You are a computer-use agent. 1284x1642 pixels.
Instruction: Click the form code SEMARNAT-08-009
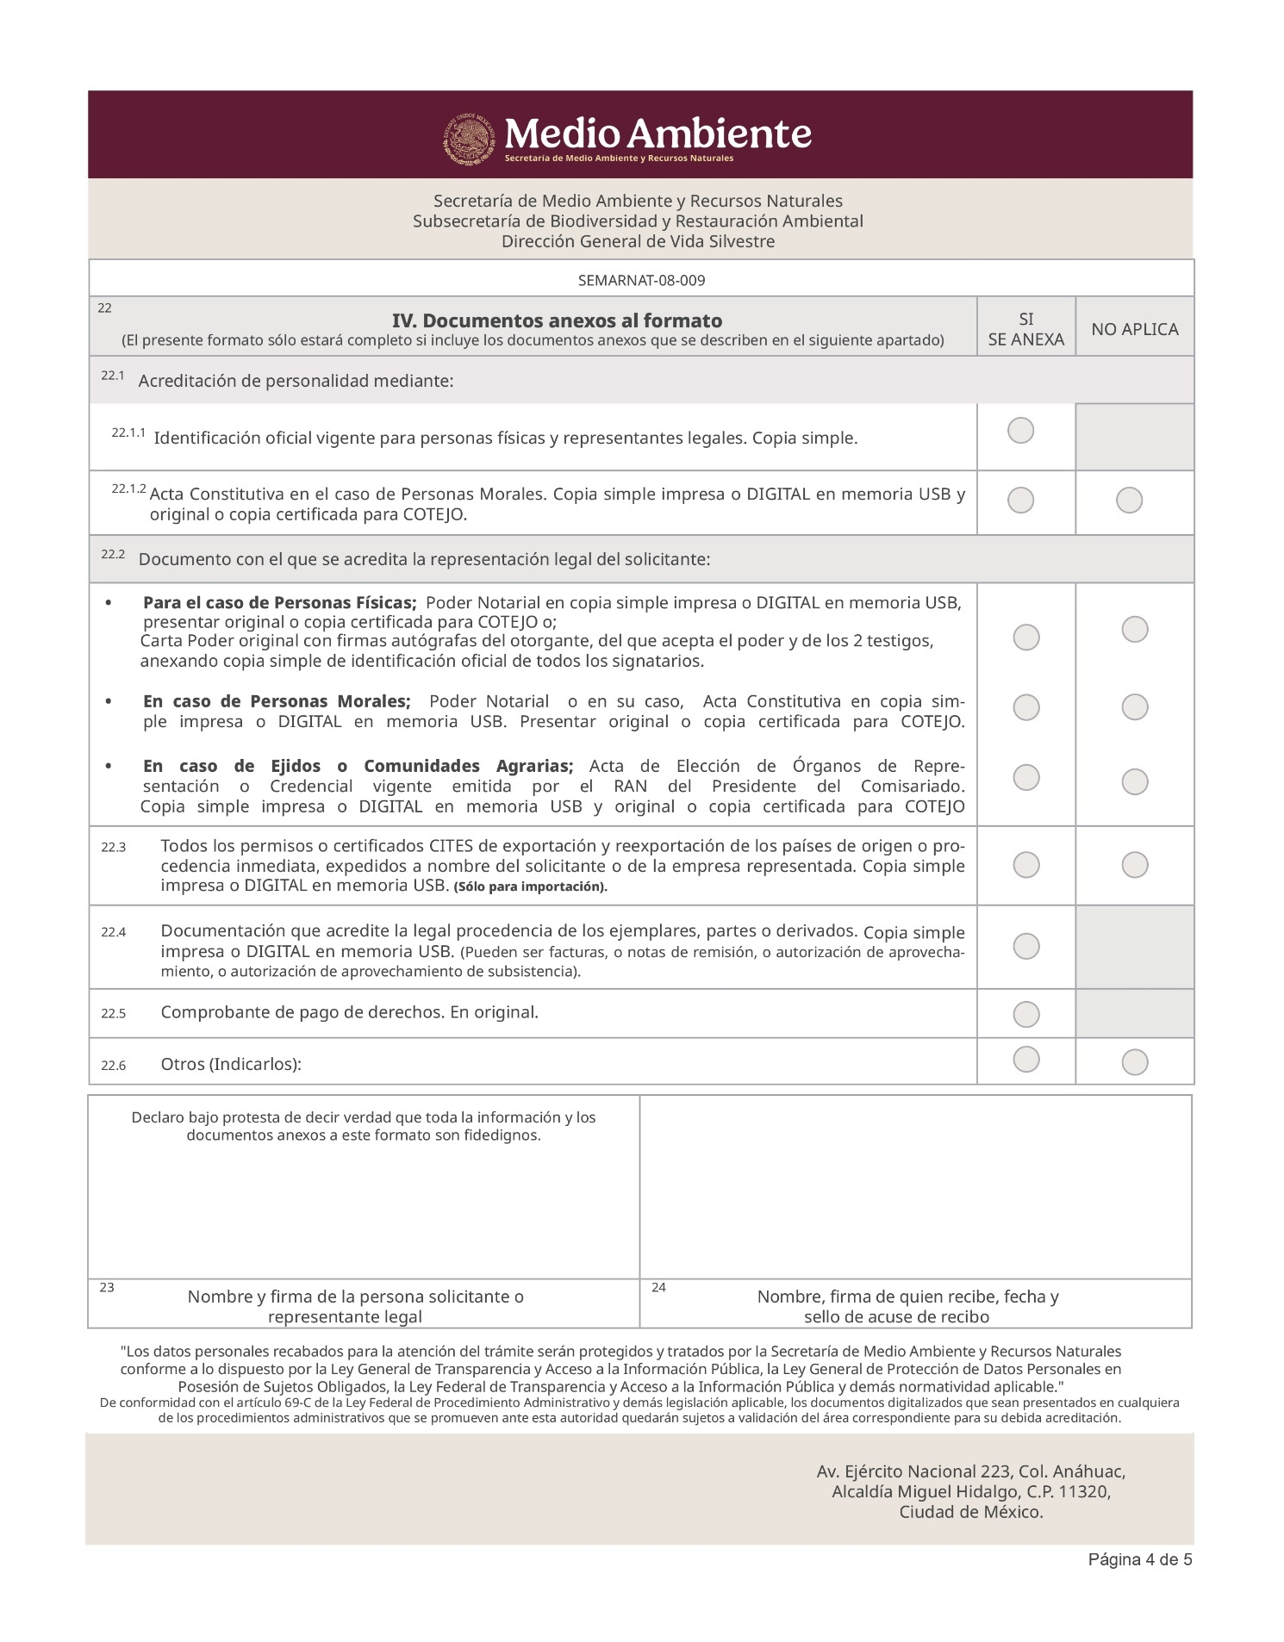[x=641, y=280]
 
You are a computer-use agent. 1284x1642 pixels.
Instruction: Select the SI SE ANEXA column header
[x=1025, y=329]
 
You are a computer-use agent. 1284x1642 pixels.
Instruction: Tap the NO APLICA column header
[x=1134, y=329]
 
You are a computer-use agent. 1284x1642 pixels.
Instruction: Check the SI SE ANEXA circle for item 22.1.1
[x=1020, y=430]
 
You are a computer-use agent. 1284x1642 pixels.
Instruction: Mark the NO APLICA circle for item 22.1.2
[x=1129, y=501]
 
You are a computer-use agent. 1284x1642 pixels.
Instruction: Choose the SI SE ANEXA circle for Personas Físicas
[x=1025, y=638]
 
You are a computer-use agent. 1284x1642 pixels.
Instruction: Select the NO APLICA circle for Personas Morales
[x=1134, y=707]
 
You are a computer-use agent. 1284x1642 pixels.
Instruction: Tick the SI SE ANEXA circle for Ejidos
[x=1025, y=777]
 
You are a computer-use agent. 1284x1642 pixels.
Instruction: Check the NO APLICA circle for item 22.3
[x=1134, y=865]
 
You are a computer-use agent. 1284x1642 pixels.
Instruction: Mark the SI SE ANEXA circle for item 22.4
[x=1025, y=946]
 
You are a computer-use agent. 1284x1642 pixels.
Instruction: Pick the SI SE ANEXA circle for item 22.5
[x=1025, y=1015]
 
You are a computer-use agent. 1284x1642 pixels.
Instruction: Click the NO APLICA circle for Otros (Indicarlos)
[x=1134, y=1062]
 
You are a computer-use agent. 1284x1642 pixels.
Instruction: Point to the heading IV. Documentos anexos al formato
[x=557, y=320]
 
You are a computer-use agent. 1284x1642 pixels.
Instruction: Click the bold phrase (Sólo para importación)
[x=530, y=887]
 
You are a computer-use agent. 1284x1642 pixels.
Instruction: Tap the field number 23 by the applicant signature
[x=107, y=1288]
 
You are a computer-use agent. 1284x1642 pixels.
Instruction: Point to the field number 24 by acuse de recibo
[x=658, y=1288]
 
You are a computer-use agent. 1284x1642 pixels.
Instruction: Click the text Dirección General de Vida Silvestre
[x=638, y=241]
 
